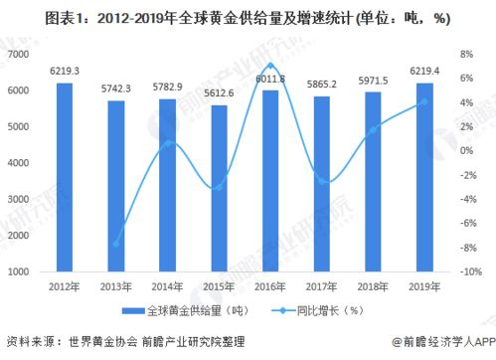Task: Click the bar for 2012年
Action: [65, 177]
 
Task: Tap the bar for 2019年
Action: [424, 177]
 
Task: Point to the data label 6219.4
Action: [424, 72]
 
